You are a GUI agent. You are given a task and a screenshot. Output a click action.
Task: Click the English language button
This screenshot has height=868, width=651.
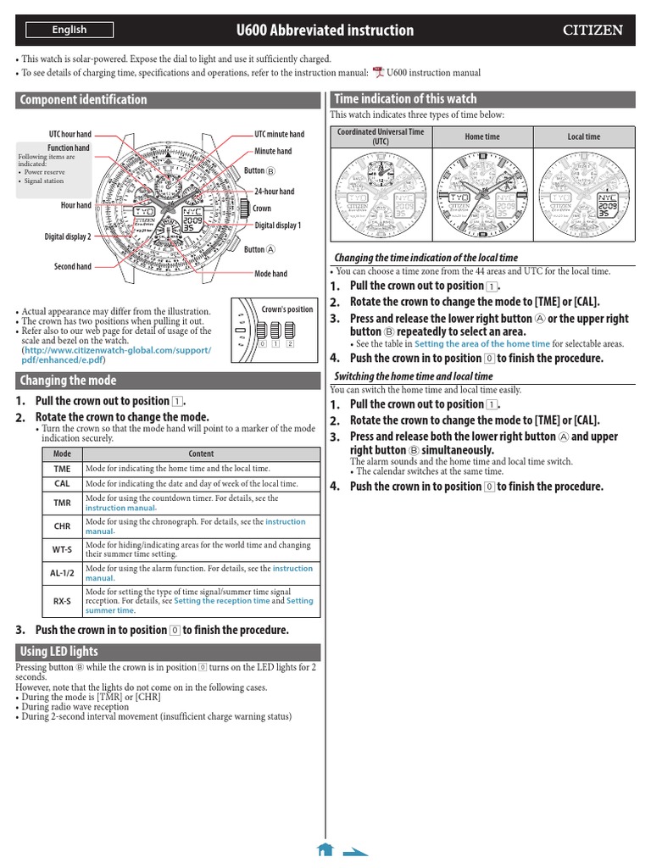tap(69, 30)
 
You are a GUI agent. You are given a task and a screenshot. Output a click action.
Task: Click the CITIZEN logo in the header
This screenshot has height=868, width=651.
tap(593, 31)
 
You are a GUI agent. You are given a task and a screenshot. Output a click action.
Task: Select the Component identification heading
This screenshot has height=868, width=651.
tap(83, 100)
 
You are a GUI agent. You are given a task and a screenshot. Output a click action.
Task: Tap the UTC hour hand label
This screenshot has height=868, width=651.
tap(70, 135)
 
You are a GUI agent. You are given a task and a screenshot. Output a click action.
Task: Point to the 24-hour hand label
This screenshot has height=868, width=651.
tap(275, 192)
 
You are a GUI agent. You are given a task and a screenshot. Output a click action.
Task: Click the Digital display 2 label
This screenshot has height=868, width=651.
tap(68, 237)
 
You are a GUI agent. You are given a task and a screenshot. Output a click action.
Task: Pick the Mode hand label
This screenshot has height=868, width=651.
tap(270, 274)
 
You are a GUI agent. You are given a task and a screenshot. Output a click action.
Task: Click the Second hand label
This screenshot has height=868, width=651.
tap(72, 267)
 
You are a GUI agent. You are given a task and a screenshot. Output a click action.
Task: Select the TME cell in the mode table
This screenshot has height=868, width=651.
tap(62, 469)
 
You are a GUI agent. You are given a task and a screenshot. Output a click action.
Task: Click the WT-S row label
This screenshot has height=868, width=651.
tap(62, 549)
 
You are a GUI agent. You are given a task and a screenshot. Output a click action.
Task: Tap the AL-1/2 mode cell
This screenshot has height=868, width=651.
tap(62, 573)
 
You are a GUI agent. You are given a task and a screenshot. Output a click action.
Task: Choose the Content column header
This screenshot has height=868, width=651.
tap(201, 453)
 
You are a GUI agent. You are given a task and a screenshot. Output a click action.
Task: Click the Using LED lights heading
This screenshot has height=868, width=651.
tap(58, 652)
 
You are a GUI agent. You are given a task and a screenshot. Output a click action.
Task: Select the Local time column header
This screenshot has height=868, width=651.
tap(583, 136)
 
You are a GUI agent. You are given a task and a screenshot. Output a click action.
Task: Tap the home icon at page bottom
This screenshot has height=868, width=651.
tap(324, 849)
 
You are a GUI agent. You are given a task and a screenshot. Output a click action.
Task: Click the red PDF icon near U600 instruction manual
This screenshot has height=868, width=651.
tap(378, 74)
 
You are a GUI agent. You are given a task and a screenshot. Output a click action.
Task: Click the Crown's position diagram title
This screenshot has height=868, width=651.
tap(287, 309)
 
